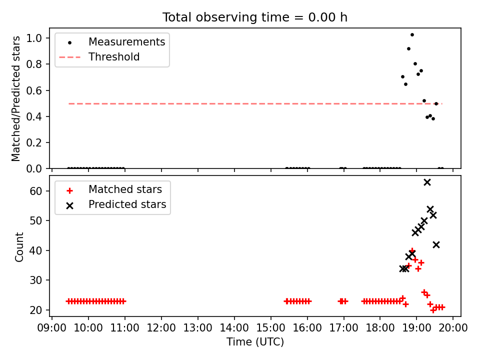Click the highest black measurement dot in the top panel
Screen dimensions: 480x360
pos(412,35)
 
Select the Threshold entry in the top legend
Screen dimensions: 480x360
pos(99,57)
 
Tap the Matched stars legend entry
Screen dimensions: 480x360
pos(114,189)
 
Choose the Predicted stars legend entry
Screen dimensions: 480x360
pos(116,204)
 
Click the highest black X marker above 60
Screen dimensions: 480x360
pos(427,182)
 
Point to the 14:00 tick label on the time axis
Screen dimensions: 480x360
pos(234,328)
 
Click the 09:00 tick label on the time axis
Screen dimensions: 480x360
pos(51,328)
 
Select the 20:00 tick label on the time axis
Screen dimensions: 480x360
pos(453,328)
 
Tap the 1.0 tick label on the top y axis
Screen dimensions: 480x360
pos(34,38)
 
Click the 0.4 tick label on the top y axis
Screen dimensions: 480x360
pos(34,116)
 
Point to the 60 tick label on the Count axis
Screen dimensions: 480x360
pos(35,191)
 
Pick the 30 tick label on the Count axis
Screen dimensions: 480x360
pos(35,280)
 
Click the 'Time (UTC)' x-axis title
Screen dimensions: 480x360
pos(255,341)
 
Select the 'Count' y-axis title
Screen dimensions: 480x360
pos(19,246)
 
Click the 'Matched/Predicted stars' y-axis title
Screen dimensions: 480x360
pos(16,98)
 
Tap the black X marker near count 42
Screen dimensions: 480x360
pos(436,244)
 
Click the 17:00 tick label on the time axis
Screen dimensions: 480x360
pos(344,328)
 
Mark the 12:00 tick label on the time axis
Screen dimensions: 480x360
pos(161,328)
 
